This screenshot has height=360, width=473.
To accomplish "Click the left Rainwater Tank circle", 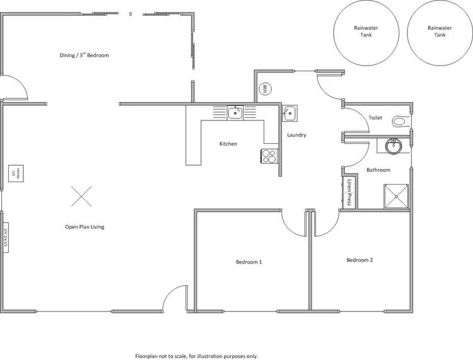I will [366, 32].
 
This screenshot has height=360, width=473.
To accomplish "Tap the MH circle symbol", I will [266, 88].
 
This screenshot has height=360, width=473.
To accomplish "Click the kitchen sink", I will [235, 112].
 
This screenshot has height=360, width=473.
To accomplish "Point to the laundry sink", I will [289, 113].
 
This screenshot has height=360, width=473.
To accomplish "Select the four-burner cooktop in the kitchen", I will [269, 156].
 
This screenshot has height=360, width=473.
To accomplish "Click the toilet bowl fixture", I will [400, 120].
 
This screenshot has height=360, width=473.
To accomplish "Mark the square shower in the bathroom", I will [397, 195].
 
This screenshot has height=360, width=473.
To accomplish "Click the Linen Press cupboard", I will [349, 192].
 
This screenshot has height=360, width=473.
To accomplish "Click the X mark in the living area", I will [81, 196].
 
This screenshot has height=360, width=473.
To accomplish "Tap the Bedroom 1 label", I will [248, 262].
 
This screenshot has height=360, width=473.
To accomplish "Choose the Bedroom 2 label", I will [359, 259].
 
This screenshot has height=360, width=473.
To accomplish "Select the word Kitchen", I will [228, 144].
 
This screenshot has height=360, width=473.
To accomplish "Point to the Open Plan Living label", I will [85, 226].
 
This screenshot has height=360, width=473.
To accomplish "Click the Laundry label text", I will [296, 135].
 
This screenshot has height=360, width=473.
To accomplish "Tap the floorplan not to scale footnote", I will [197, 356].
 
